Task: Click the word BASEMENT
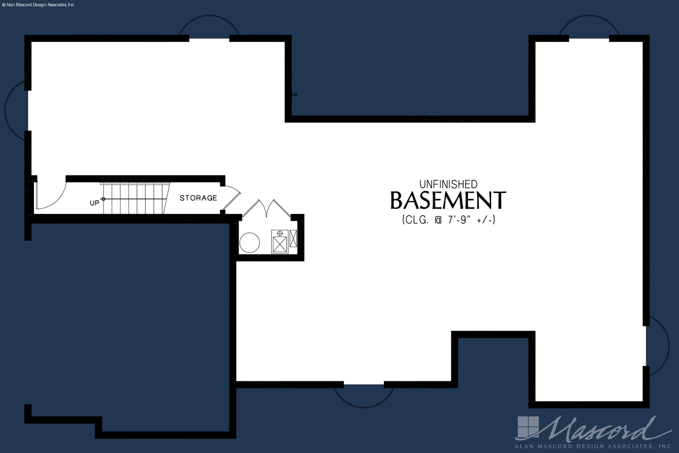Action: tap(448, 200)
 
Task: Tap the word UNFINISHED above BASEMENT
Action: tap(448, 184)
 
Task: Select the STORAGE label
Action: tap(198, 198)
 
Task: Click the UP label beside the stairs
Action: tap(95, 203)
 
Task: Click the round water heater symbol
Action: tap(249, 242)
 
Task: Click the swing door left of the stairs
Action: tap(50, 196)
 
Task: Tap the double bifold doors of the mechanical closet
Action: tap(267, 208)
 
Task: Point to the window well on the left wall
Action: tap(5, 110)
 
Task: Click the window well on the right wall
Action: tap(669, 346)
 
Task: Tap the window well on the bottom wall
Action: tap(364, 407)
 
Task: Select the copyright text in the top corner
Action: tap(38, 5)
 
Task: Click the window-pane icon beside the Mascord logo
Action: tap(528, 427)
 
